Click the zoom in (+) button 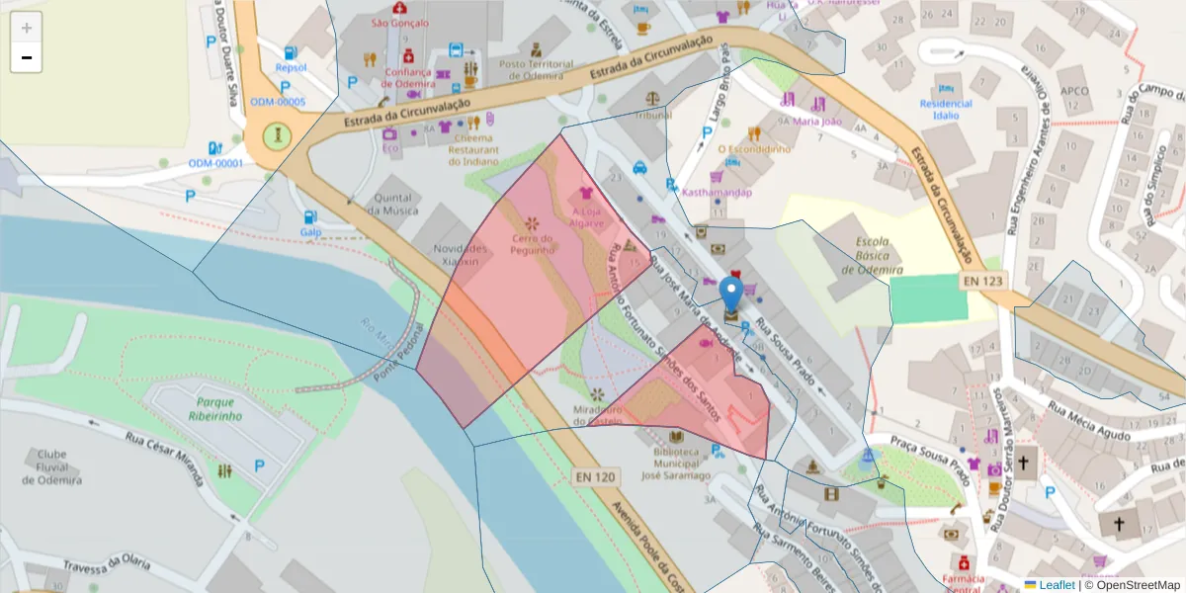coord(27,28)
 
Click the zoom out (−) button coord(27,58)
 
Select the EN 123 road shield coord(982,282)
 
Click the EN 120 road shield coord(595,477)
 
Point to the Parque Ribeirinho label coord(220,409)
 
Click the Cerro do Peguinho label coord(532,244)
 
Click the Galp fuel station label coord(311,232)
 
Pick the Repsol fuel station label coord(291,68)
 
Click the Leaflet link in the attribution coord(1057,585)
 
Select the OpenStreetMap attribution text coord(1136,585)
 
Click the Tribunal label coord(653,115)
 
